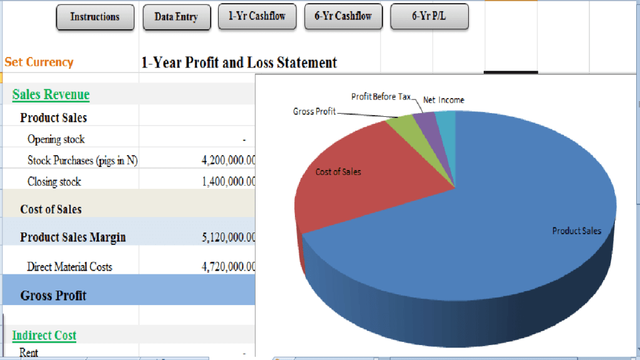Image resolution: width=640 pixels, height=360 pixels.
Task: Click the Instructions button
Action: tap(95, 17)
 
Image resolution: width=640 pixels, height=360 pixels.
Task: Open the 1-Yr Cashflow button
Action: tap(257, 16)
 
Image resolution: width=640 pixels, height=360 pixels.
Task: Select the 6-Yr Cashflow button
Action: tap(343, 16)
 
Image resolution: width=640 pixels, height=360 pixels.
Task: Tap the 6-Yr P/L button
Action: tap(429, 16)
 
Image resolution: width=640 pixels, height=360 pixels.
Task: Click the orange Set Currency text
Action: tap(39, 62)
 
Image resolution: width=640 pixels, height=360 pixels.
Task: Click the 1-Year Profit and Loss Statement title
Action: tap(239, 62)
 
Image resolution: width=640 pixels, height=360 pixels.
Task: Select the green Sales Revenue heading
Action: tap(51, 94)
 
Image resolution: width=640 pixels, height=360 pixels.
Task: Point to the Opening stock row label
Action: tap(56, 139)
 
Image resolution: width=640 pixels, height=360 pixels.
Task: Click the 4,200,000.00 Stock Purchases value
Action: tap(229, 161)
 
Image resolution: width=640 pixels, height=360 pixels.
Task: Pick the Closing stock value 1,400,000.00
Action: tap(229, 182)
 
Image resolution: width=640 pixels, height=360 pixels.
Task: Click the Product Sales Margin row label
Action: tap(72, 237)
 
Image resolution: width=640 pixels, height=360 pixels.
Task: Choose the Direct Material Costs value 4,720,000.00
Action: tap(229, 267)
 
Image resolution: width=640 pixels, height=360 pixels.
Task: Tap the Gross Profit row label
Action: tap(53, 296)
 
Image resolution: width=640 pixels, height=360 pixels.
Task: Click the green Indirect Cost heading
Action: tap(44, 336)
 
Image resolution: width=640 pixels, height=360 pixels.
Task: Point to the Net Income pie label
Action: tap(444, 100)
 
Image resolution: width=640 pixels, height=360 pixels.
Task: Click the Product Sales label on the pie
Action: tap(576, 231)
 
